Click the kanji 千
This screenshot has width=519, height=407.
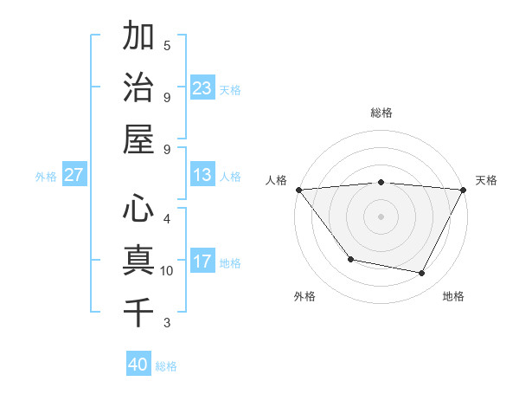(x=138, y=312)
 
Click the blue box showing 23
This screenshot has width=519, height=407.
(x=202, y=88)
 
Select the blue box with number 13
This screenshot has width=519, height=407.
(x=202, y=175)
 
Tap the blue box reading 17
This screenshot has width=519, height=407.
(x=202, y=262)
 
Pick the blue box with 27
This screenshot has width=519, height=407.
(x=74, y=175)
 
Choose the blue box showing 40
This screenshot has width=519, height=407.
(x=138, y=365)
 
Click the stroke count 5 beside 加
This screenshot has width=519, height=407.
(x=167, y=46)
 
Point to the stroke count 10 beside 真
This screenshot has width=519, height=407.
(x=167, y=271)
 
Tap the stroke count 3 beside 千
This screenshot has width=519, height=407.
(x=167, y=323)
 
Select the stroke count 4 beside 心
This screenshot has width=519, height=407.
(x=167, y=219)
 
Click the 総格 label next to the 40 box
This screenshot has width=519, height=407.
(x=166, y=366)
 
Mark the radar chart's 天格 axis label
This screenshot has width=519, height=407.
(x=486, y=180)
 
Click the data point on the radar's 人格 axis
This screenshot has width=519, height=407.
(x=298, y=190)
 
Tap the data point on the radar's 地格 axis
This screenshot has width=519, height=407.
(x=422, y=274)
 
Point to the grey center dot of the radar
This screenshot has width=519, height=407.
(x=381, y=216)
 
